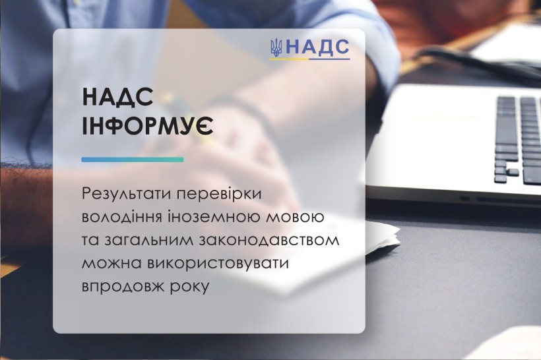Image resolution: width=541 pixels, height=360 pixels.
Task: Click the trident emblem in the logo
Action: click(276, 47)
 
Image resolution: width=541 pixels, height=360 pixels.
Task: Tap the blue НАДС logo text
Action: click(318, 47)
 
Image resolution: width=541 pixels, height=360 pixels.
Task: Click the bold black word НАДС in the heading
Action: click(117, 96)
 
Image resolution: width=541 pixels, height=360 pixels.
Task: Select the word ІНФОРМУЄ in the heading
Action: click(148, 126)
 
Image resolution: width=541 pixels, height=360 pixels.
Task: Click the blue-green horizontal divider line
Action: click(133, 160)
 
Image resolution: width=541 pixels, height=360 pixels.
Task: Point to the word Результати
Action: click(127, 194)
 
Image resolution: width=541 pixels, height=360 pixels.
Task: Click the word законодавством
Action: click(269, 241)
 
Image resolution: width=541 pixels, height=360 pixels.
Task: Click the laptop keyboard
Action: click(517, 140)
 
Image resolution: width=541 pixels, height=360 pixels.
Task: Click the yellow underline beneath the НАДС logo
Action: click(289, 59)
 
